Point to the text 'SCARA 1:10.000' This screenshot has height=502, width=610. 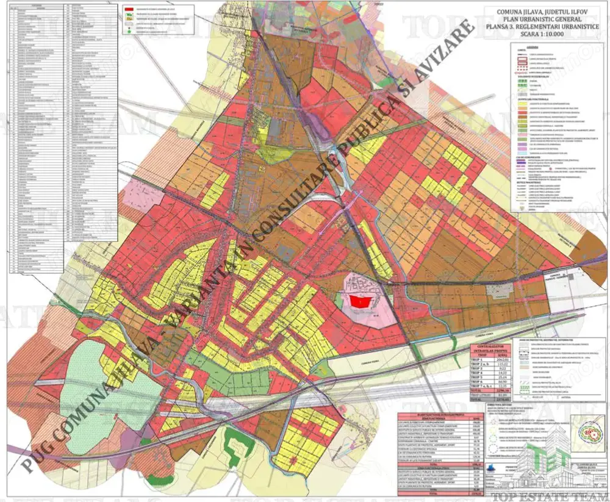[x=545, y=35]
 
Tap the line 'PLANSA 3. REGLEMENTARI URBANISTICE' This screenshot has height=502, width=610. [x=545, y=27]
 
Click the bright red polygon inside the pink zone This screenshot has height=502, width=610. [x=359, y=301]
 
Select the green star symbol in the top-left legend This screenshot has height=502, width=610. [x=130, y=28]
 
